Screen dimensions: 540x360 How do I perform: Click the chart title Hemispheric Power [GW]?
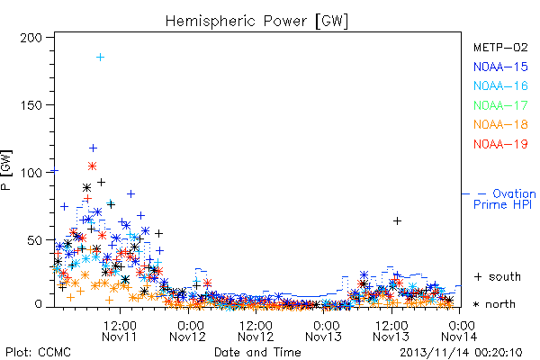pyautogui.click(x=256, y=21)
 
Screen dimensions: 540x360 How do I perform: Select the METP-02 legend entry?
pyautogui.click(x=500, y=47)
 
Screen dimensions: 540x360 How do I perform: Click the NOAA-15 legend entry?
pyautogui.click(x=500, y=67)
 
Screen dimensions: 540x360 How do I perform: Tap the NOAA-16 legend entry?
pyautogui.click(x=500, y=85)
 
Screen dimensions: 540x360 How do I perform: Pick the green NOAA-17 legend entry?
pyautogui.click(x=500, y=105)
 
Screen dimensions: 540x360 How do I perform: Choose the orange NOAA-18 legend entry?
pyautogui.click(x=500, y=124)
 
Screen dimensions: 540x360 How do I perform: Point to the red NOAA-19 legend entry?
pyautogui.click(x=500, y=144)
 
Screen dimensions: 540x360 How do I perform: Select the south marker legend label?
pyautogui.click(x=498, y=276)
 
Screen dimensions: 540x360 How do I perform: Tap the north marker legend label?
pyautogui.click(x=494, y=304)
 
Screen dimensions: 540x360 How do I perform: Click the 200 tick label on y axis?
pyautogui.click(x=31, y=38)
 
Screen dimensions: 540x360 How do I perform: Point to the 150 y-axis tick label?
pyautogui.click(x=31, y=105)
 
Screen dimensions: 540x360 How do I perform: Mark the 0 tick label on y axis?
pyautogui.click(x=38, y=304)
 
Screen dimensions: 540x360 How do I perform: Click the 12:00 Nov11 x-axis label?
pyautogui.click(x=120, y=330)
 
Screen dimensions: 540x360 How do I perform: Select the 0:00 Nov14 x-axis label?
pyautogui.click(x=460, y=330)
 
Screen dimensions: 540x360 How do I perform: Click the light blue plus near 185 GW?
pyautogui.click(x=100, y=58)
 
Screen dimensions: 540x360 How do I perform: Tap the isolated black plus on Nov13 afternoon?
pyautogui.click(x=397, y=220)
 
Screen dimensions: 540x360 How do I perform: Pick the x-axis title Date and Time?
pyautogui.click(x=257, y=352)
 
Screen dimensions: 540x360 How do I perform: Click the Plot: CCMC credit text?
pyautogui.click(x=38, y=352)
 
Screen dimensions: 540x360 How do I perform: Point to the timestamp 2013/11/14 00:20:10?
pyautogui.click(x=461, y=353)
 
